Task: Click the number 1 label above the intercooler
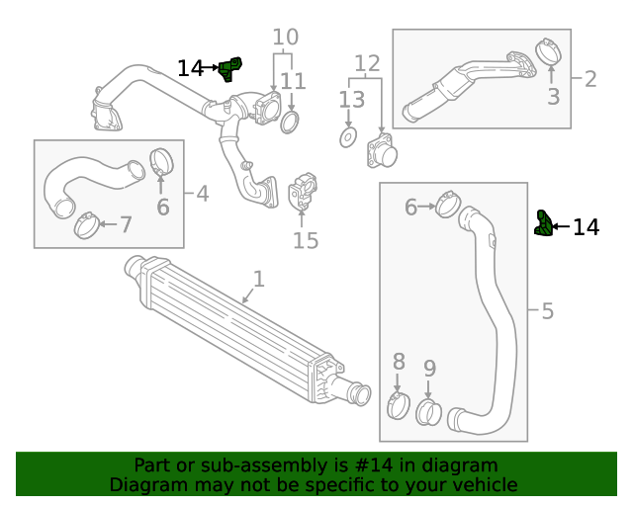pyautogui.click(x=258, y=280)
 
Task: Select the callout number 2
pyautogui.click(x=589, y=79)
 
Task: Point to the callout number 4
pyautogui.click(x=202, y=193)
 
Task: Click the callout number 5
pyautogui.click(x=547, y=311)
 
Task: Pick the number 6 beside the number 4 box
pyautogui.click(x=162, y=208)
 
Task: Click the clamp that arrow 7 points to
pyautogui.click(x=86, y=225)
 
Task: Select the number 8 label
pyautogui.click(x=399, y=361)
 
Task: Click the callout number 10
pyautogui.click(x=285, y=39)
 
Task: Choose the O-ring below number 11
pyautogui.click(x=291, y=123)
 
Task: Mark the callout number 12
pyautogui.click(x=367, y=65)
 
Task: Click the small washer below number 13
pyautogui.click(x=349, y=137)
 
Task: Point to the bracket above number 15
pyautogui.click(x=305, y=191)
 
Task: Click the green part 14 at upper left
pyautogui.click(x=230, y=70)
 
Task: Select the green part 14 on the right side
pyautogui.click(x=542, y=223)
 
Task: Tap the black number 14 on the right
pyautogui.click(x=586, y=227)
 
